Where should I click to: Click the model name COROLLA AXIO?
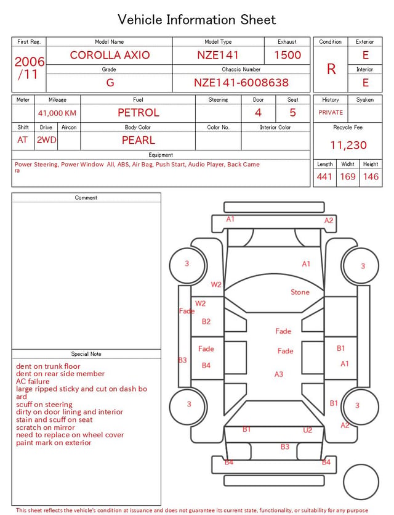pyautogui.click(x=110, y=55)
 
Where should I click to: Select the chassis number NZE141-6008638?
pyautogui.click(x=241, y=83)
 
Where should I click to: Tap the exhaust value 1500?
pyautogui.click(x=287, y=55)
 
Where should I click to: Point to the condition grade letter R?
pyautogui.click(x=331, y=69)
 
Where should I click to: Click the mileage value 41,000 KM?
pyautogui.click(x=57, y=113)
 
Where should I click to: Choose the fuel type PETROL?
pyautogui.click(x=139, y=113)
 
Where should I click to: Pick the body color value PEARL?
pyautogui.click(x=139, y=140)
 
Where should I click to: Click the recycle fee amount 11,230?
pyautogui.click(x=348, y=145)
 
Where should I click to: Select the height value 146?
pyautogui.click(x=371, y=176)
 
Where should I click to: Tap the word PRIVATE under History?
pyautogui.click(x=331, y=112)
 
